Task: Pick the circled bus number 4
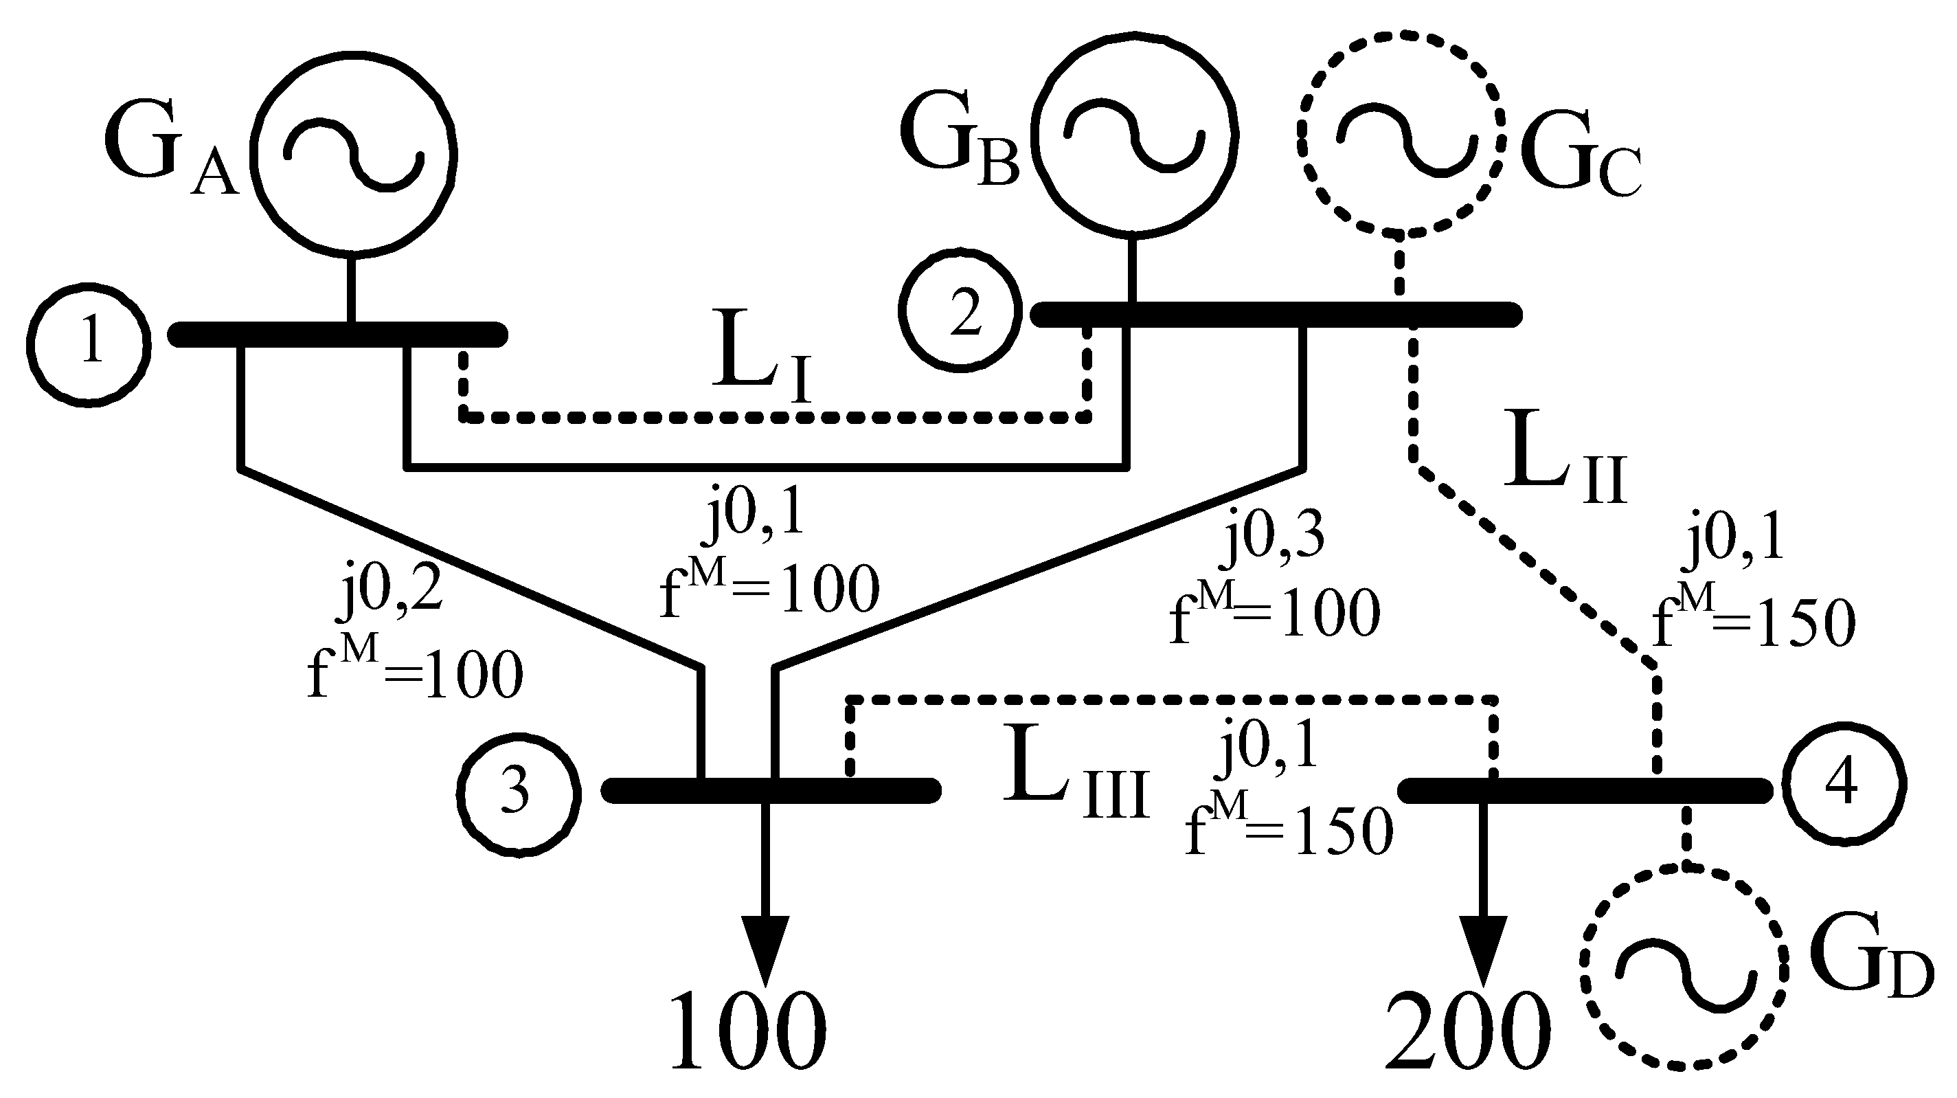pyautogui.click(x=1843, y=783)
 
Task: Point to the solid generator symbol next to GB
pyautogui.click(x=1134, y=135)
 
